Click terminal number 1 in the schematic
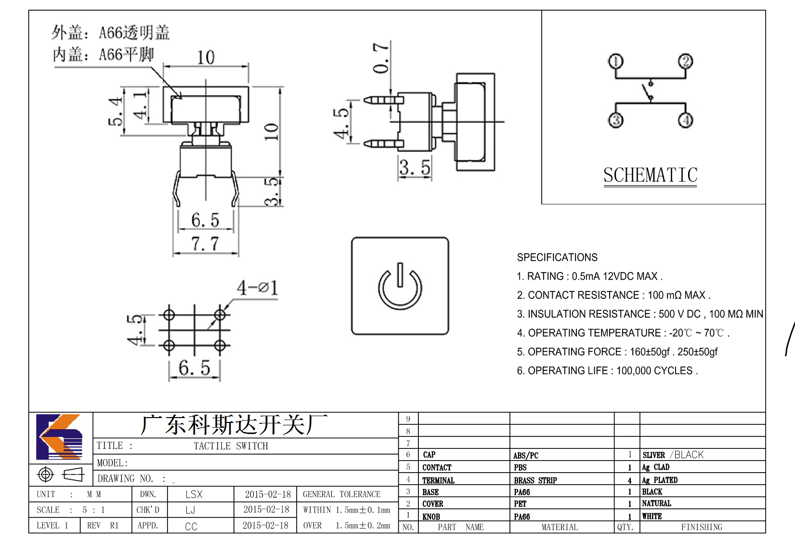(615, 62)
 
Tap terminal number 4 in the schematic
(685, 120)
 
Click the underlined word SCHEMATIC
(650, 175)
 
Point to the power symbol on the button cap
(400, 286)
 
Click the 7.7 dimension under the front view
(205, 244)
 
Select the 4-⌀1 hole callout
(258, 287)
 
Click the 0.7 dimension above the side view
(381, 58)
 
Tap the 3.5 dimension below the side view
(415, 167)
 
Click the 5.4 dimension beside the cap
(116, 111)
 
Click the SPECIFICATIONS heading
(557, 257)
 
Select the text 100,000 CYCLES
(654, 371)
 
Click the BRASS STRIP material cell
(535, 480)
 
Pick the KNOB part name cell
(431, 516)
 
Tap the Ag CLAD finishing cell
(655, 467)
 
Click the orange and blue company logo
(59, 437)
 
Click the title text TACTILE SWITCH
(231, 446)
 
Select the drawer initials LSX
(194, 494)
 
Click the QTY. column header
(625, 527)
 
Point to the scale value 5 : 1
(94, 510)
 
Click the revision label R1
(114, 525)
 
